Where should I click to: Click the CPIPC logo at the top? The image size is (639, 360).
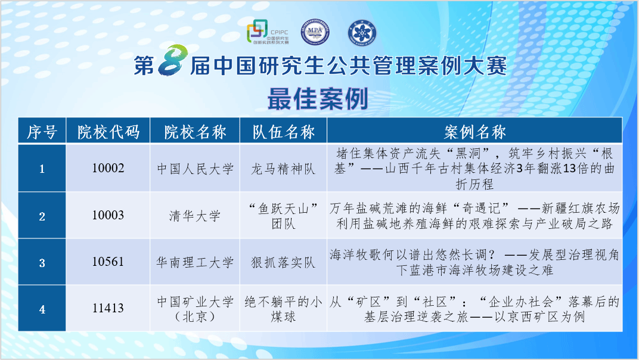click(268, 32)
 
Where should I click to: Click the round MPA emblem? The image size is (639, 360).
click(315, 32)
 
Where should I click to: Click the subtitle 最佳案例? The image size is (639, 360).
click(318, 99)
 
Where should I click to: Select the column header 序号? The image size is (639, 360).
click(42, 132)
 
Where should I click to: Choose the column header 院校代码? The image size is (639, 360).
click(108, 132)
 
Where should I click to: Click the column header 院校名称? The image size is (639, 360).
click(195, 132)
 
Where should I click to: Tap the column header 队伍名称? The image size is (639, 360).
click(284, 132)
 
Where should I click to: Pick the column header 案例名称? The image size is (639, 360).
click(474, 132)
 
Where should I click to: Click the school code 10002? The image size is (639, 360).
click(108, 168)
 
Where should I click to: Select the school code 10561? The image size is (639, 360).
click(108, 261)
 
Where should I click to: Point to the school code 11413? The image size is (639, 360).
click(108, 308)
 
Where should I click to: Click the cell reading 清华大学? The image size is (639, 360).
click(195, 215)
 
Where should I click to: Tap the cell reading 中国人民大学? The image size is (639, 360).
click(195, 169)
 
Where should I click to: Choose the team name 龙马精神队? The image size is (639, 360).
click(283, 169)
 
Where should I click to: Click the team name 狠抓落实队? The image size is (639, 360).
click(283, 262)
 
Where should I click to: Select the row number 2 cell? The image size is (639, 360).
click(42, 215)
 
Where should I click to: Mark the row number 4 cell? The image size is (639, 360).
click(42, 308)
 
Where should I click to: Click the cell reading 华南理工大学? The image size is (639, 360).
click(195, 262)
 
